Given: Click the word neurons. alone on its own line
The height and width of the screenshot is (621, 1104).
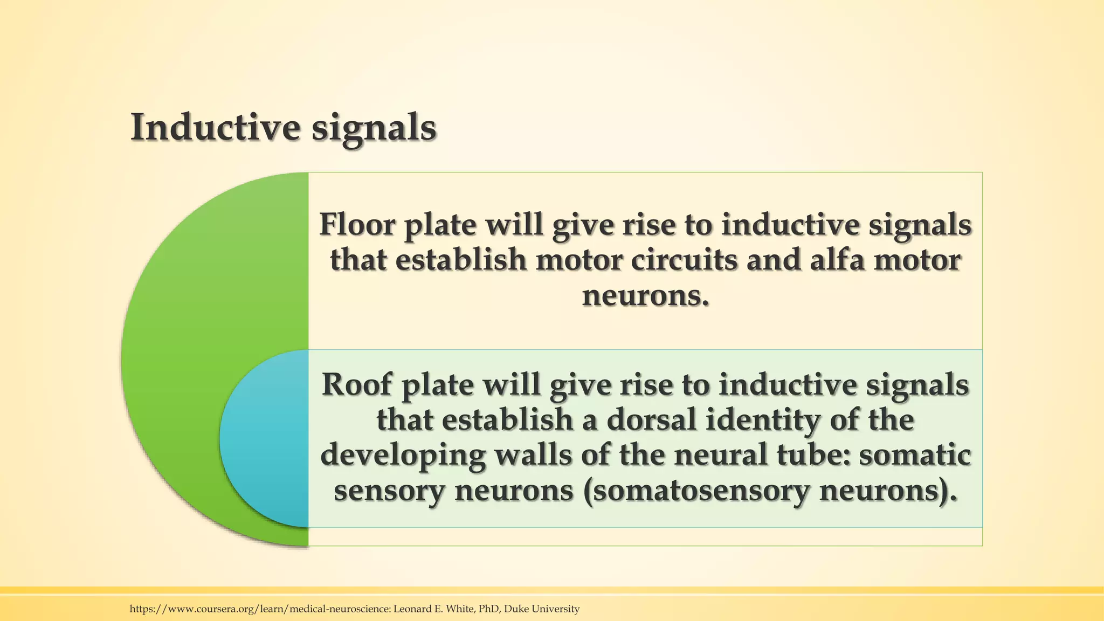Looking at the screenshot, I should [x=645, y=295].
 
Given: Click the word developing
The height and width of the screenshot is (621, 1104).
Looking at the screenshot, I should [x=403, y=456].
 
